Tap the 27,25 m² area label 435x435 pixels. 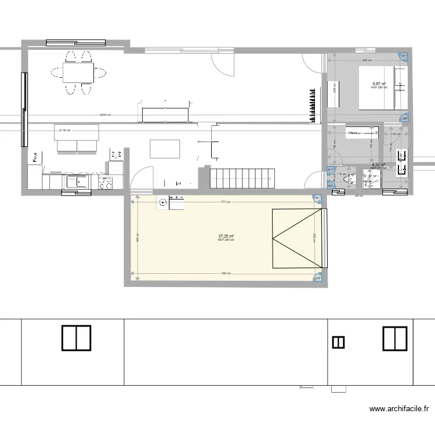226,236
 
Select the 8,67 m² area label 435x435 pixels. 379,84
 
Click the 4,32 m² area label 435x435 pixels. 378,164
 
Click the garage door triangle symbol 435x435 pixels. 296,238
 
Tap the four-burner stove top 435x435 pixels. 106,183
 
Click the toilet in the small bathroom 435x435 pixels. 350,180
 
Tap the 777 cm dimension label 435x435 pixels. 226,202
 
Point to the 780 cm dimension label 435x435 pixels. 226,273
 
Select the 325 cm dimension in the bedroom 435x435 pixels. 366,60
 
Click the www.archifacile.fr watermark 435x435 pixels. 401,409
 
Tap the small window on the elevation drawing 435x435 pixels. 338,343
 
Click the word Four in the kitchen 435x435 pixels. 35,157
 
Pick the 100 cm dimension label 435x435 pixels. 396,134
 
